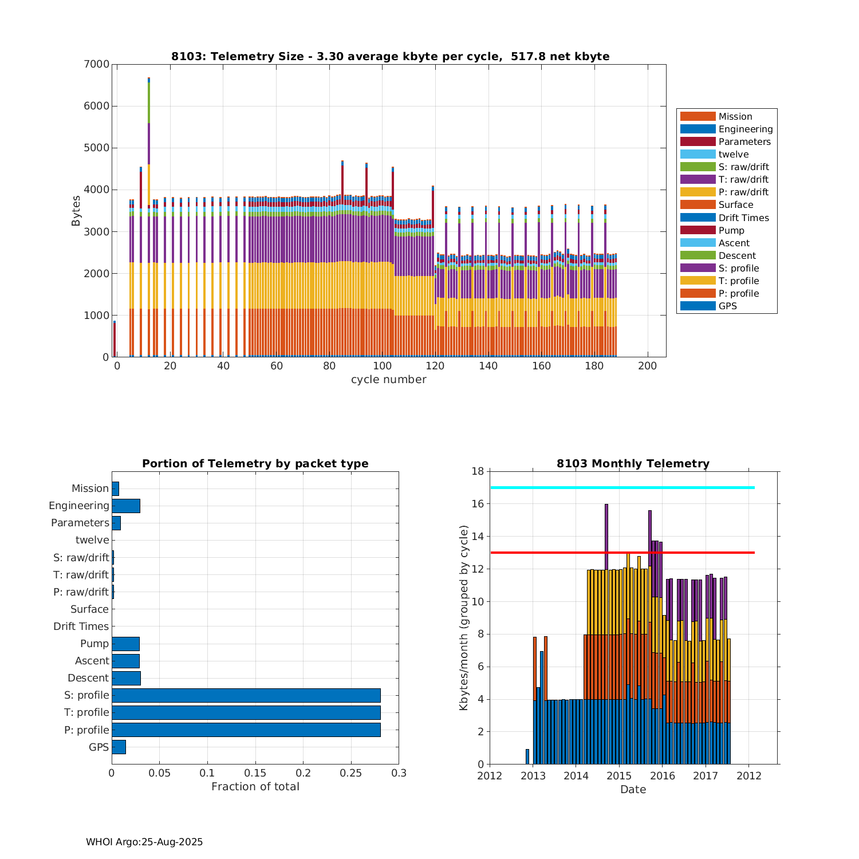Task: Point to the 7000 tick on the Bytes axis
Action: (x=96, y=64)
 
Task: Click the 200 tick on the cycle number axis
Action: (x=647, y=367)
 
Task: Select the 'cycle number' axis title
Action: (x=388, y=380)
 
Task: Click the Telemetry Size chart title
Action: (x=390, y=56)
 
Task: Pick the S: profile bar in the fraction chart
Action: (x=246, y=695)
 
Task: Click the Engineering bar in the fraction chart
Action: (x=125, y=506)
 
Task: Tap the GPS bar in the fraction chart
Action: (x=119, y=747)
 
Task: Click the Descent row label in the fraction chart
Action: (x=88, y=678)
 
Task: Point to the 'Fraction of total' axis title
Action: (x=255, y=787)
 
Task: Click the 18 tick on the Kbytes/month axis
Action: (x=478, y=471)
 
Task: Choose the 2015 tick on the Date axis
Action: (x=619, y=776)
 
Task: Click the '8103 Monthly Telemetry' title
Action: (x=633, y=464)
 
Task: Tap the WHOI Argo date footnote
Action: (x=144, y=842)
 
